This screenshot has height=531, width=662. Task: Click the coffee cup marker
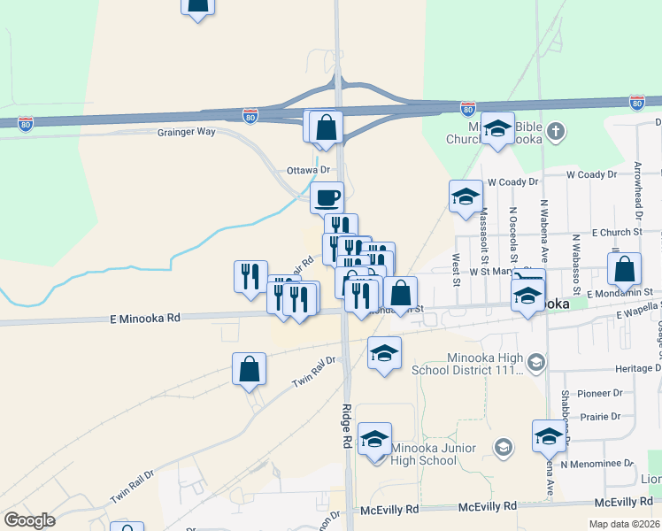point(327,196)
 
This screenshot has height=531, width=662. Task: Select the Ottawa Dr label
point(308,170)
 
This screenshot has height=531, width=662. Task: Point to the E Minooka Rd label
point(145,317)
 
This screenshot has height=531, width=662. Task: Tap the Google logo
point(29,520)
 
